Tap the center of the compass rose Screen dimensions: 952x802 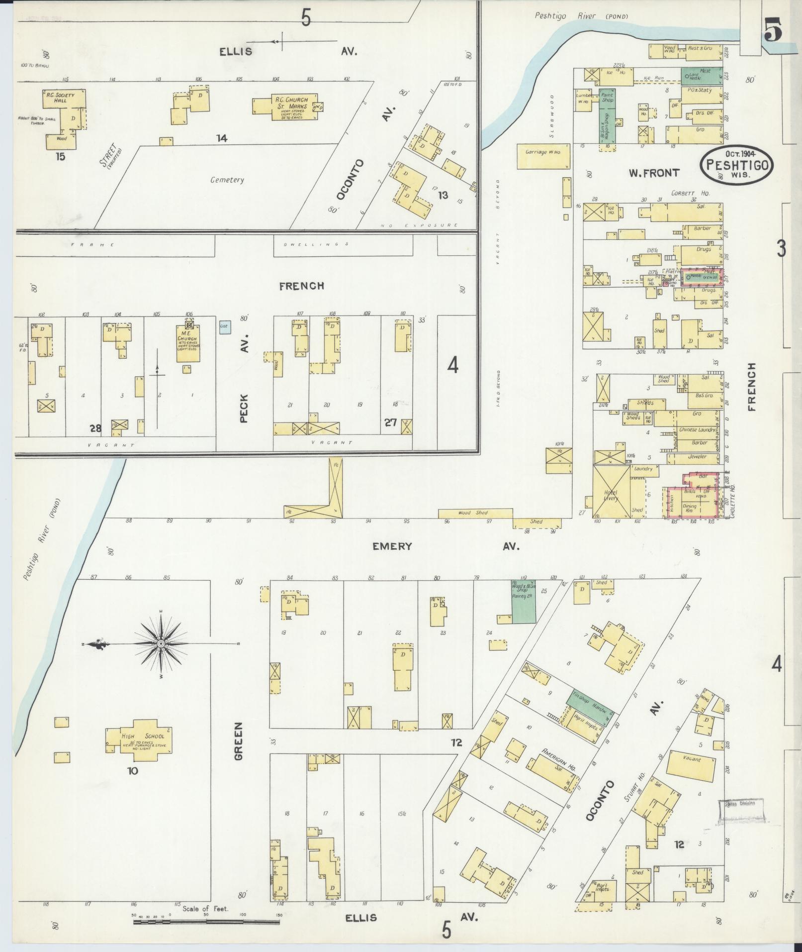coord(161,644)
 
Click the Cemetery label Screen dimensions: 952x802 coord(227,180)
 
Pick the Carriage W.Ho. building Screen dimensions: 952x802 coord(542,152)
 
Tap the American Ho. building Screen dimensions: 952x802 coord(552,770)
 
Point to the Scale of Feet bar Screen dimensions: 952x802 coord(206,922)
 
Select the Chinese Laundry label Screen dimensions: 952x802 coord(696,429)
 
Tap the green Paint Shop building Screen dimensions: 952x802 coord(608,100)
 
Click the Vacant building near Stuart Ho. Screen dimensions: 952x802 coord(692,766)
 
